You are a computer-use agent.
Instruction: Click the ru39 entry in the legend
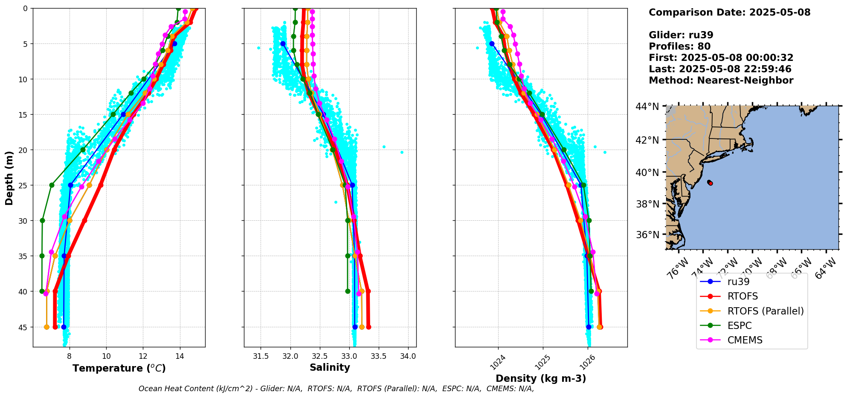coord(738,282)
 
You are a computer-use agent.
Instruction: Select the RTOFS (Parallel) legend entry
coord(765,311)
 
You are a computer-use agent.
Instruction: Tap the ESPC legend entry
coord(740,326)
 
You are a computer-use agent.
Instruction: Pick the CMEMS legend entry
coord(745,340)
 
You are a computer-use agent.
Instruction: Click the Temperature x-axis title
coord(119,368)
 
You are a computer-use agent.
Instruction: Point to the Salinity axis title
coord(330,367)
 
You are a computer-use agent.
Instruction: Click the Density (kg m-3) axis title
coord(541,378)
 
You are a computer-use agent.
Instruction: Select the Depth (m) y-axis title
coord(9,178)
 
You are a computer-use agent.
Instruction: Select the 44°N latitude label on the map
coord(647,107)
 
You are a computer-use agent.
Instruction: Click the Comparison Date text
coord(729,12)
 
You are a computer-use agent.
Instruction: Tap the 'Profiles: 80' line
coord(679,46)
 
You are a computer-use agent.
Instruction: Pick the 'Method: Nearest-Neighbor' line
coord(721,81)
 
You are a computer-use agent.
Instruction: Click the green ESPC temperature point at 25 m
coord(52,185)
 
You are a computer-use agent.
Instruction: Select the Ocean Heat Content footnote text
coord(336,389)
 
